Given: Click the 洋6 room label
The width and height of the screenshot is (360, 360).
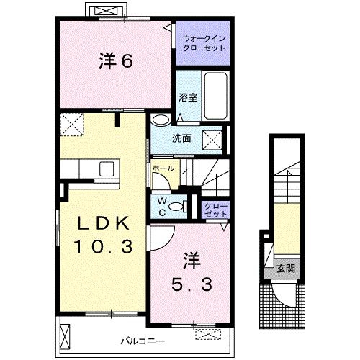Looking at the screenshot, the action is point(116,61).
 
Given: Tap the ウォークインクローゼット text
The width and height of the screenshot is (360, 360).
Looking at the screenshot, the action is point(204,43).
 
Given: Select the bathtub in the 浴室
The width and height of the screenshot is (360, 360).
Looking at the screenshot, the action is point(216,96).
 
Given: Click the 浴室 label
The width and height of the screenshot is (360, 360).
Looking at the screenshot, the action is point(188,97).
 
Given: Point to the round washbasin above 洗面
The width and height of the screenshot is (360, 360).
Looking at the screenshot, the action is point(161,120).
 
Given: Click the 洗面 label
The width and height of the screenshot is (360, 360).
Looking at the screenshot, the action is point(181,138).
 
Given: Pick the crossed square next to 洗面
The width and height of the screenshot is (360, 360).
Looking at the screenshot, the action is point(212,140).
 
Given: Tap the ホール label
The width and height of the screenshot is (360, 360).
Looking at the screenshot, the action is point(163,168).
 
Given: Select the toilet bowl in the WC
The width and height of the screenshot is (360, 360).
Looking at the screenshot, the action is point(177,207).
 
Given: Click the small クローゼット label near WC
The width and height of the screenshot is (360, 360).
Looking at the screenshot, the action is point(216,210).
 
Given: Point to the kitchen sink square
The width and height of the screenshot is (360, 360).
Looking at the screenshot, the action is point(107,168).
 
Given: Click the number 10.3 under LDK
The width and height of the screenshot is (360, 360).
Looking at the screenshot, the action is point(104,246).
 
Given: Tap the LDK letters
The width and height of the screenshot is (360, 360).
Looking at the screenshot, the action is point(104,223).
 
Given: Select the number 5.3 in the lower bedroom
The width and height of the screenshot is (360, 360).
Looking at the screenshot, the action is point(192,284).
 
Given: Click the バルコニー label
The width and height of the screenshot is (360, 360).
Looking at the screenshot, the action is point(143,341).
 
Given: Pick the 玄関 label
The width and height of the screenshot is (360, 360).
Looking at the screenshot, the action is point(286,269).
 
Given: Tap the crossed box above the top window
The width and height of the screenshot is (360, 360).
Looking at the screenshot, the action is point(107,12).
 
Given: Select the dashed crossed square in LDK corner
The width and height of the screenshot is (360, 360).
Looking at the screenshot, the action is point(72,125).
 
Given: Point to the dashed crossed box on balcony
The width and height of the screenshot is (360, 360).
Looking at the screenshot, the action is point(208,334).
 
